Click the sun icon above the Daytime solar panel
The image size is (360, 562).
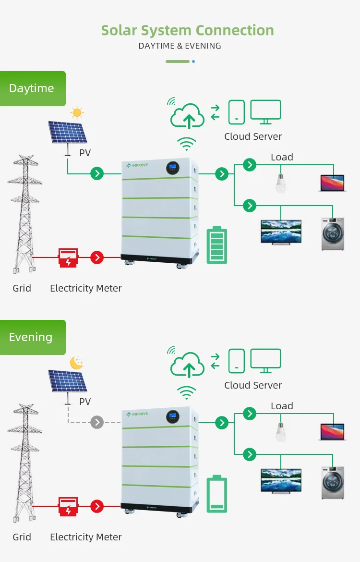[x=77, y=113]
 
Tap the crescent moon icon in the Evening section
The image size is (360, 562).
[x=77, y=362]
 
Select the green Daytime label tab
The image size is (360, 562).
[x=32, y=88]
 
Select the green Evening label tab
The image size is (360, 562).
[x=32, y=337]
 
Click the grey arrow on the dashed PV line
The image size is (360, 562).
[x=97, y=422]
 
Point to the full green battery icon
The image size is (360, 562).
[x=217, y=245]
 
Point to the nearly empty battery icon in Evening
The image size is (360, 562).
[x=217, y=494]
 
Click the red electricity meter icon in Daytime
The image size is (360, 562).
[x=68, y=257]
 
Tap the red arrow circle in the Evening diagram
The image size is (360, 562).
[x=97, y=506]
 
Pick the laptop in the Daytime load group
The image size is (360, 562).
[x=333, y=183]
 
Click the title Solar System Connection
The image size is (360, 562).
[x=187, y=30]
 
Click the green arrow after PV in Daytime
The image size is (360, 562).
[x=97, y=173]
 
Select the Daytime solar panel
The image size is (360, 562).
[x=68, y=133]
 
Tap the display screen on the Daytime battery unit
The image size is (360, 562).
[x=173, y=168]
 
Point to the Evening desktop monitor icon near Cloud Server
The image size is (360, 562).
[x=265, y=360]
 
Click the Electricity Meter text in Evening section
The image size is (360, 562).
[x=86, y=537]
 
